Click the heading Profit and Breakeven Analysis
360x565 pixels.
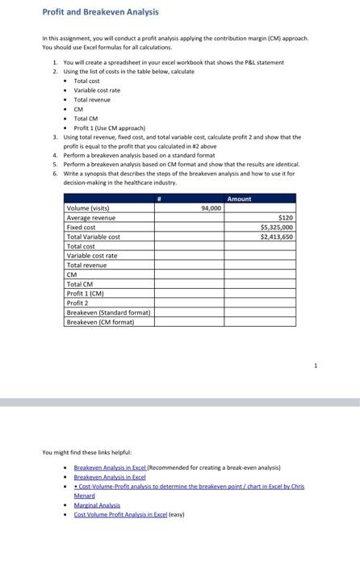89,12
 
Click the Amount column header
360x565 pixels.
240,199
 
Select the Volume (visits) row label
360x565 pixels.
88,208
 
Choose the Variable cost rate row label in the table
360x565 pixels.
91,256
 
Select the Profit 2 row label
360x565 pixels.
77,303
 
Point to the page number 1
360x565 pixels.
316,365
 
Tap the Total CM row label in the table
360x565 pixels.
78,284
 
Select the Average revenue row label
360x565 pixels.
90,218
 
